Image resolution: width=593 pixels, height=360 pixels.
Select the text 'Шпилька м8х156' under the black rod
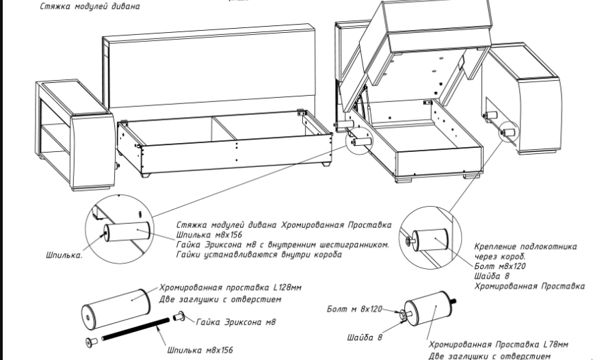click(200, 350)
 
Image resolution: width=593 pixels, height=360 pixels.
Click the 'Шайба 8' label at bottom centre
click(364, 337)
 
